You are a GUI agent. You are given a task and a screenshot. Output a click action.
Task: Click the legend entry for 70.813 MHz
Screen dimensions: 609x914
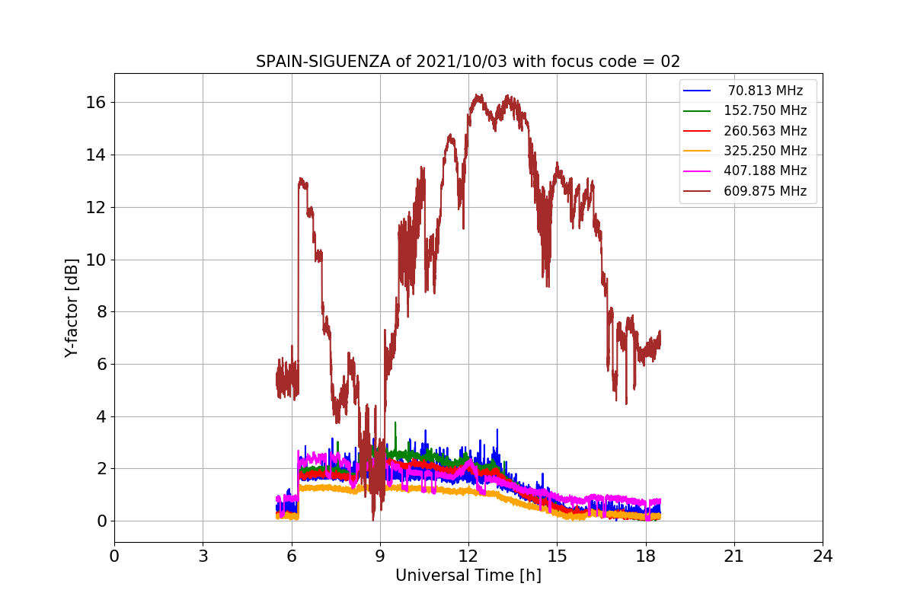(765, 91)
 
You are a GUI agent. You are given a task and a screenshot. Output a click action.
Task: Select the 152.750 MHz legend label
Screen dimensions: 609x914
(765, 111)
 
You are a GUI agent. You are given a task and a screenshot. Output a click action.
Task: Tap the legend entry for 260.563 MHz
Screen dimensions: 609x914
(765, 131)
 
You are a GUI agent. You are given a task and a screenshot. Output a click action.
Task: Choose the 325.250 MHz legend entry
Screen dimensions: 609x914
(765, 151)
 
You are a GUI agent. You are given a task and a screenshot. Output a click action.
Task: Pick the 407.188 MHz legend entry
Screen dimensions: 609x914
(765, 171)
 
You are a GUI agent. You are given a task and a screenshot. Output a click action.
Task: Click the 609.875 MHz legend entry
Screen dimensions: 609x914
(765, 191)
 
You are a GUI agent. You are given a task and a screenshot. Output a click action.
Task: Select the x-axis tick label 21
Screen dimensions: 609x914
(734, 556)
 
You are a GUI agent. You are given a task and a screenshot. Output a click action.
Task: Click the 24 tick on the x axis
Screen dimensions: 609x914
(823, 556)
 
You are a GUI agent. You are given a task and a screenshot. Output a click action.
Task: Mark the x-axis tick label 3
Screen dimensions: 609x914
(203, 556)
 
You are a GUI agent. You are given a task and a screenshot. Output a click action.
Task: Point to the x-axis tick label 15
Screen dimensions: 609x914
(557, 556)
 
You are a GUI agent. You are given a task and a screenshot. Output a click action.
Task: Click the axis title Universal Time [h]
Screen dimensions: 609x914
(468, 576)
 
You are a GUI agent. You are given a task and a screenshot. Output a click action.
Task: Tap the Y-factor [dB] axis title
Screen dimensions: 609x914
(72, 308)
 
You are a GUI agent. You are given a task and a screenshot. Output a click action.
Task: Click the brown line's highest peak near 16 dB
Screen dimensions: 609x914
(478, 96)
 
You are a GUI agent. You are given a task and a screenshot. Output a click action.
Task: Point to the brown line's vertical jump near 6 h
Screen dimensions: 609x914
(299, 289)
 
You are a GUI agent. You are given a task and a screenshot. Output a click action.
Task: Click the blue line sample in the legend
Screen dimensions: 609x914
(697, 91)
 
